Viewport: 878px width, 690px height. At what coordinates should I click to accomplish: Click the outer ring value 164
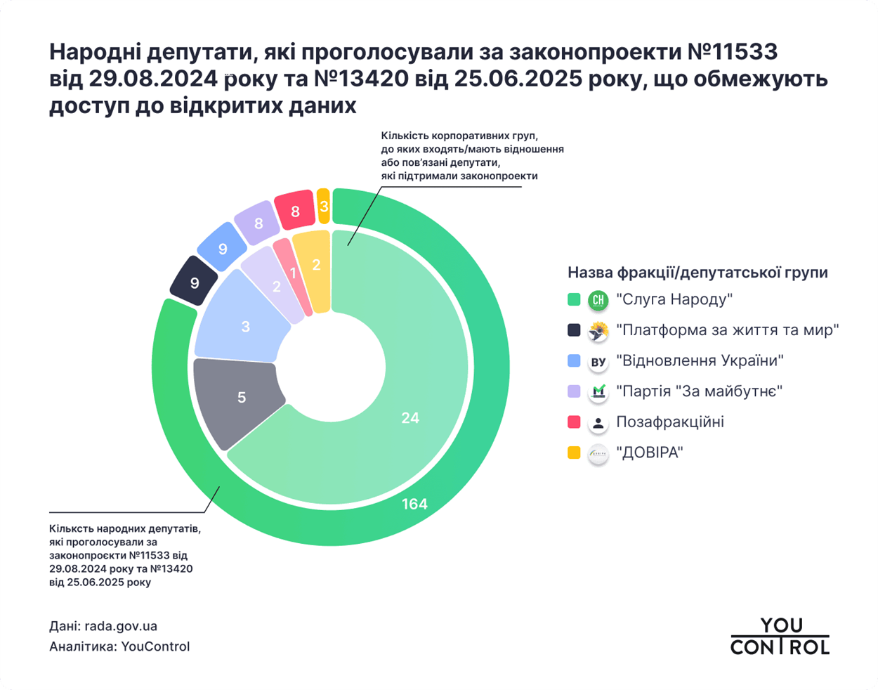click(x=414, y=504)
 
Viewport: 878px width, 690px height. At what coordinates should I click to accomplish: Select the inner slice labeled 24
click(x=410, y=417)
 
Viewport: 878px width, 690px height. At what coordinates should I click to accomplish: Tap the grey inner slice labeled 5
click(x=241, y=398)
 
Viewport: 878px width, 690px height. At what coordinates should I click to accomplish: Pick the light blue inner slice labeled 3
click(x=245, y=326)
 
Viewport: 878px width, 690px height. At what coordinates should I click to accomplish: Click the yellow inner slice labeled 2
click(x=316, y=265)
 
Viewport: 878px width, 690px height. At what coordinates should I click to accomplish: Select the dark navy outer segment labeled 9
click(x=195, y=282)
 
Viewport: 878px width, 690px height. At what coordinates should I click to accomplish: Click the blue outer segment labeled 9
click(x=223, y=248)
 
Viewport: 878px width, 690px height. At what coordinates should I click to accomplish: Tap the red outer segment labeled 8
click(x=295, y=211)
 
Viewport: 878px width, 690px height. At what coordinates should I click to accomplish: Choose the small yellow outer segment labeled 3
click(x=324, y=207)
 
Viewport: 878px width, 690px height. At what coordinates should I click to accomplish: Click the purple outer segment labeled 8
click(x=258, y=223)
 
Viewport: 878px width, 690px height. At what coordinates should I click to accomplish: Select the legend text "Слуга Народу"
click(x=674, y=300)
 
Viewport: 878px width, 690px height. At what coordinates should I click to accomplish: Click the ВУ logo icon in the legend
click(x=598, y=362)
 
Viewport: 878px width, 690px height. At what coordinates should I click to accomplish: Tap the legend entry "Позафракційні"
click(x=670, y=422)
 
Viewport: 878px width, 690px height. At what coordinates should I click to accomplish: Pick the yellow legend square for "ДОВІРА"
click(x=574, y=453)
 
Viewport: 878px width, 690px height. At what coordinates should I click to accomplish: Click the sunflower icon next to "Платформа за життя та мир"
click(x=598, y=331)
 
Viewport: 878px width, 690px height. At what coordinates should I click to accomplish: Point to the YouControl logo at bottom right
click(x=780, y=636)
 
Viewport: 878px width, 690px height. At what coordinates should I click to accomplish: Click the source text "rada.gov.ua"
click(x=121, y=626)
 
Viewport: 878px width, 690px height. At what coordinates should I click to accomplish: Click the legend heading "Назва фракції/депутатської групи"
click(x=697, y=273)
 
